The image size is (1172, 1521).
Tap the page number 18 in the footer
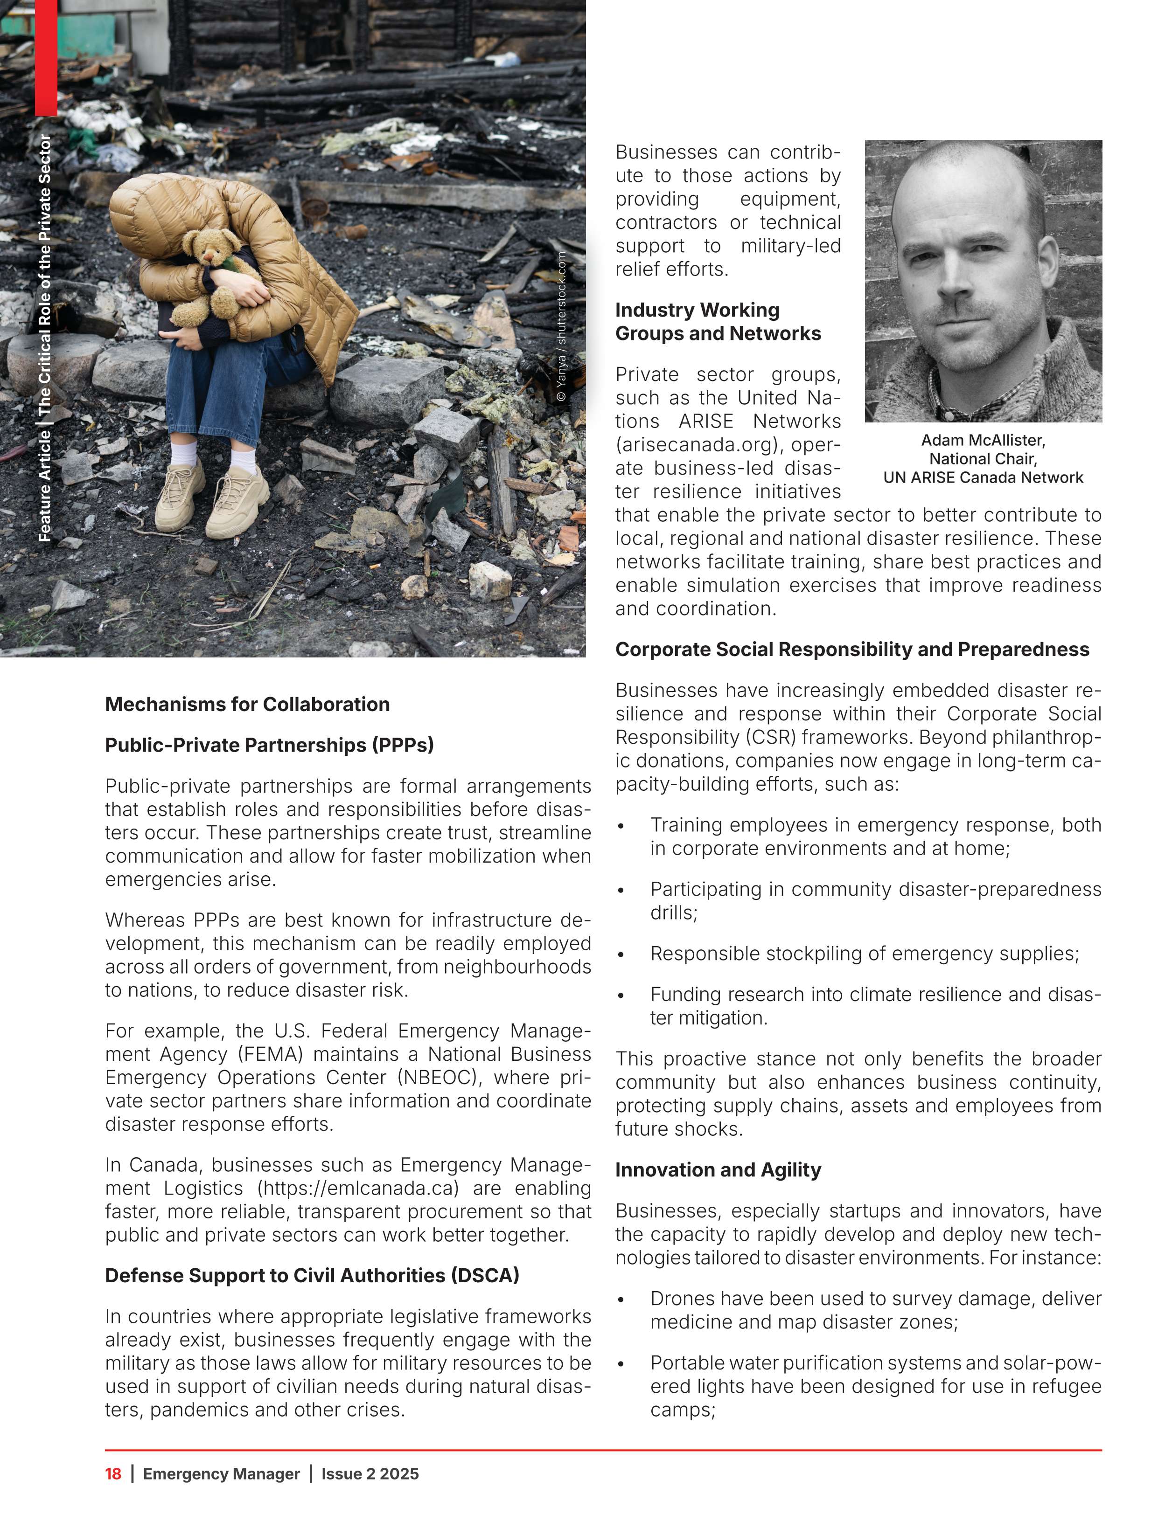[113, 1473]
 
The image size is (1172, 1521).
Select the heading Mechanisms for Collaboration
[247, 704]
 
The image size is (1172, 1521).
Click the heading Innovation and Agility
[718, 1170]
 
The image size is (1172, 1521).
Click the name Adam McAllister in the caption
[983, 440]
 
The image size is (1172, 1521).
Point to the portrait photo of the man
[983, 281]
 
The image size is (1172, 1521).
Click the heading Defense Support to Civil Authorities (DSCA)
[312, 1275]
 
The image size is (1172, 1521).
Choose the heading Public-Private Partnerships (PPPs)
[269, 745]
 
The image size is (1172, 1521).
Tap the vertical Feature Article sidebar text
[45, 339]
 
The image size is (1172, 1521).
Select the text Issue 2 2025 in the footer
[370, 1473]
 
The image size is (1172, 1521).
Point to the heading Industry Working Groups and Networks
[718, 322]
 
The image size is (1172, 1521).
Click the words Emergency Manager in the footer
[221, 1473]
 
